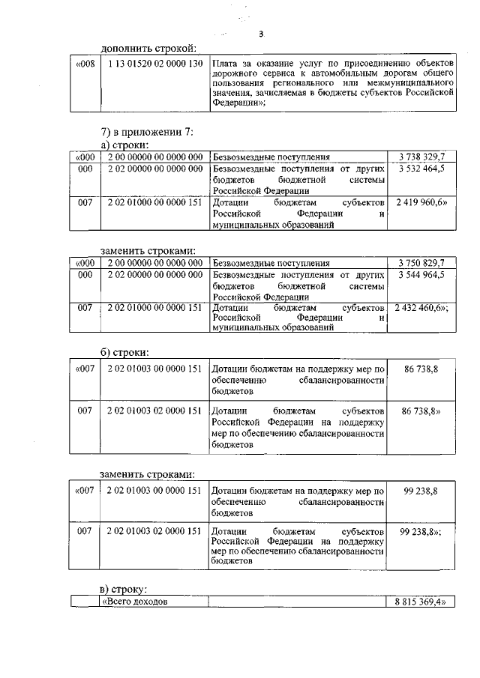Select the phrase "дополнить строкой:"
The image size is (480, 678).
(148, 48)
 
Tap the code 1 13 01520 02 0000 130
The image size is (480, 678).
(155, 64)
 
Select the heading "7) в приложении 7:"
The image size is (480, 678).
(147, 132)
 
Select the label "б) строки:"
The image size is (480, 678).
(125, 352)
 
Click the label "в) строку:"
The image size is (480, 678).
(125, 590)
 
